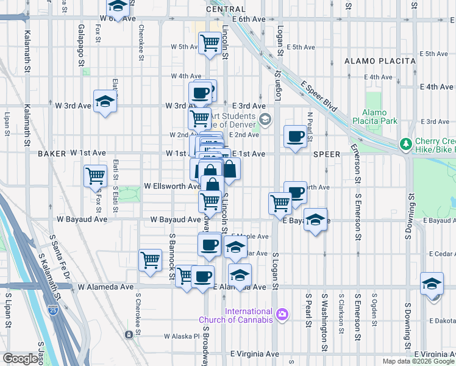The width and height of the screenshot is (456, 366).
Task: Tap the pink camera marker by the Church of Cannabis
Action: [x=282, y=315]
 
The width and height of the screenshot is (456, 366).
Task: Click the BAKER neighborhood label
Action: [x=51, y=154]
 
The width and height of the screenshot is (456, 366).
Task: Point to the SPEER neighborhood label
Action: [x=327, y=154]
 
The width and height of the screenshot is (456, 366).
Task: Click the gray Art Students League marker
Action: [x=263, y=120]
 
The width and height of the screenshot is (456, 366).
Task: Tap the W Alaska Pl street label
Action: [x=182, y=336]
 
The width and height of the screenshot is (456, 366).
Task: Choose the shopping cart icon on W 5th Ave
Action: [x=210, y=43]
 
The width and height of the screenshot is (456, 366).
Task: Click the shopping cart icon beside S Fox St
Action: [x=96, y=176]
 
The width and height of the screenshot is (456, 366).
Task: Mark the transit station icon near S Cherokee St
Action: [x=129, y=334]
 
